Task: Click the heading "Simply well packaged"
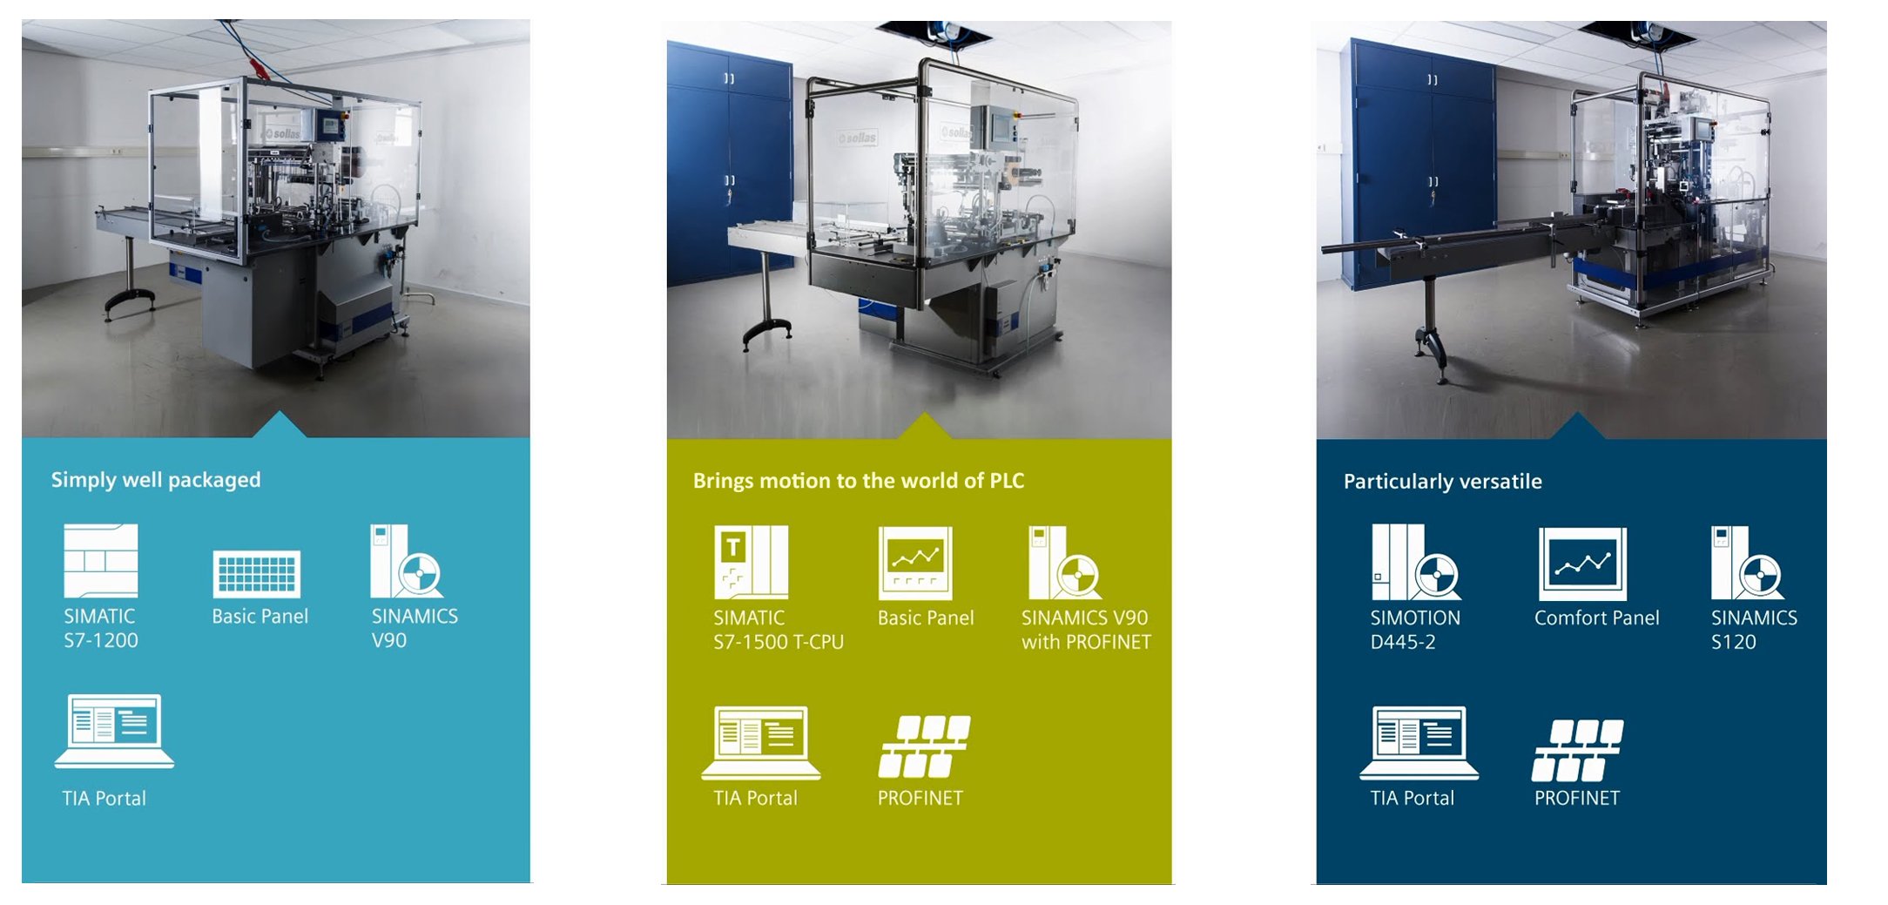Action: coord(156,480)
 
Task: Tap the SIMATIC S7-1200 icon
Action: coord(101,560)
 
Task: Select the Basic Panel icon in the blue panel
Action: coord(257,573)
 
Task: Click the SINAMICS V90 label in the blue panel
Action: coord(414,628)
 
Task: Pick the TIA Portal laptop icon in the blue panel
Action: coord(114,731)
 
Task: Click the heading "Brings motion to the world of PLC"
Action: coord(858,481)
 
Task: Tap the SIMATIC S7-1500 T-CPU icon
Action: coord(751,562)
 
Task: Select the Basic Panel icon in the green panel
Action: coord(915,563)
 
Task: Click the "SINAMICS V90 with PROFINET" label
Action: coord(1085,630)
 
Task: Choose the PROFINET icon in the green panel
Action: coord(925,746)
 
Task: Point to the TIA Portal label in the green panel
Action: coord(755,798)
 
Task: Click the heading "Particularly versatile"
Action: coord(1442,482)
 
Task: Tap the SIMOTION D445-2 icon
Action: coord(1415,563)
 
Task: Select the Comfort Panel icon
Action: coord(1582,564)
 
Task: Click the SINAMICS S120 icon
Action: coord(1747,563)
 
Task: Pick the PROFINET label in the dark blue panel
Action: coord(1576,798)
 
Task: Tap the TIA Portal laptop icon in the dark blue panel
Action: coord(1419,742)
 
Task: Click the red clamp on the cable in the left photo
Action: coord(260,67)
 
